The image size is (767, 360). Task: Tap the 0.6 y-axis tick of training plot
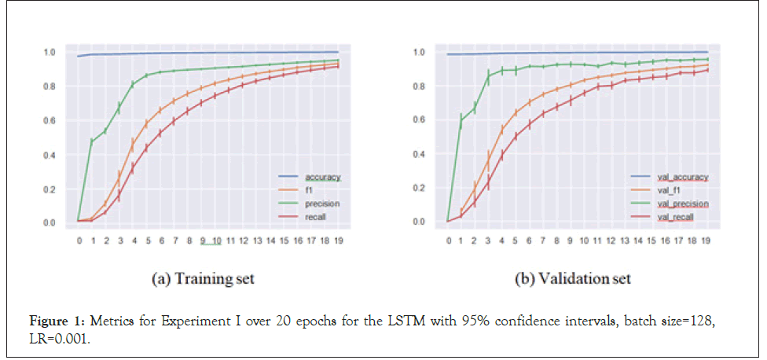click(x=49, y=120)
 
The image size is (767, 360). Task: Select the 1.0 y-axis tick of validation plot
click(x=419, y=52)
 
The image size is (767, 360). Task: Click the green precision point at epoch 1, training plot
click(x=92, y=141)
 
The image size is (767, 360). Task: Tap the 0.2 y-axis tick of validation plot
click(x=419, y=187)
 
